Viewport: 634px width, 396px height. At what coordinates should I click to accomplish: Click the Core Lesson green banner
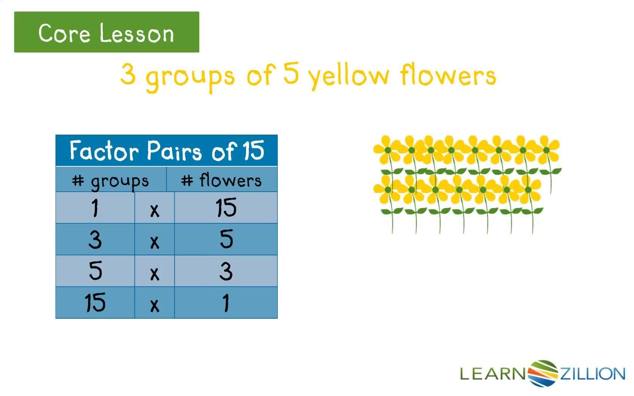(x=107, y=32)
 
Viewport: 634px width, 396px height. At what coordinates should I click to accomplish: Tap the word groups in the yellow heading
(x=190, y=78)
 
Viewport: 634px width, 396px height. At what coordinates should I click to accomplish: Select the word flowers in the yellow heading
(x=448, y=74)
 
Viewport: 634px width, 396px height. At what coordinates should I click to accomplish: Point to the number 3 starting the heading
(x=128, y=74)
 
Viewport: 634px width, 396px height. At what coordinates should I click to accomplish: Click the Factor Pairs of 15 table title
(x=167, y=150)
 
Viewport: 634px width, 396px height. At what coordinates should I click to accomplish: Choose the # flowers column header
(x=221, y=180)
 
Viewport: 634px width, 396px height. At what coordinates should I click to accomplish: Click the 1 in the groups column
(x=95, y=208)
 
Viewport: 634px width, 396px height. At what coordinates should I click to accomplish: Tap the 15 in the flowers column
(x=226, y=207)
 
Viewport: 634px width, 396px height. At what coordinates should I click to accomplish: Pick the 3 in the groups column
(x=95, y=239)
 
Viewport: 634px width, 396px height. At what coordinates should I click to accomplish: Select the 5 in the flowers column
(x=226, y=239)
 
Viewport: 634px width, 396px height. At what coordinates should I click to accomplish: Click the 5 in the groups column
(x=95, y=270)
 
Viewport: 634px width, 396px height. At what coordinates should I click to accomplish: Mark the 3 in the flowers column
(x=226, y=272)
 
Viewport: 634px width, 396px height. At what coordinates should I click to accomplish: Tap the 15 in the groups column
(x=95, y=302)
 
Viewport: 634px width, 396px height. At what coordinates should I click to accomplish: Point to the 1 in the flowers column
(x=226, y=303)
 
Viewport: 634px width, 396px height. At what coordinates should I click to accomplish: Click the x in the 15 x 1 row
(x=155, y=305)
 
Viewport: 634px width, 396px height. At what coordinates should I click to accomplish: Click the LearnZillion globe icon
(x=543, y=373)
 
